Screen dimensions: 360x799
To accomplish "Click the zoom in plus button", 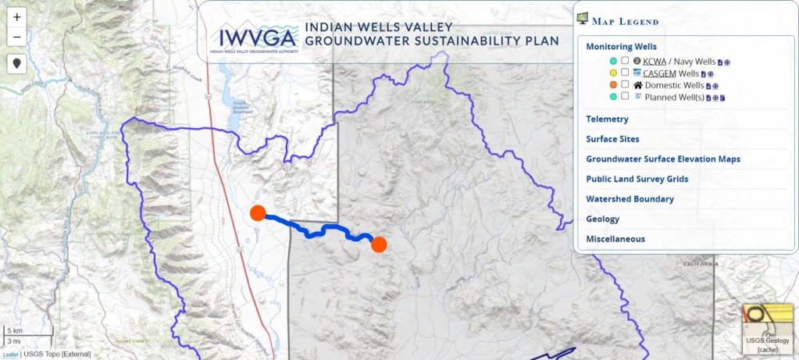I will [16, 16].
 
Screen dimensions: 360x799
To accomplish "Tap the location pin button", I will [16, 64].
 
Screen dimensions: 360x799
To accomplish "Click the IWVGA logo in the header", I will [254, 40].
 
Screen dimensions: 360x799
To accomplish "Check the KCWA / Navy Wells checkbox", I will [625, 61].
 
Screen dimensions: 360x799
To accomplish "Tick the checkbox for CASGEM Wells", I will [625, 73].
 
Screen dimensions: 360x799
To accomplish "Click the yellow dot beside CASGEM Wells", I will [614, 73].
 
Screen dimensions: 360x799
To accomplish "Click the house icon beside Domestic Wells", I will [637, 85].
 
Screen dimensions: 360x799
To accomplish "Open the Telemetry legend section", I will [607, 119].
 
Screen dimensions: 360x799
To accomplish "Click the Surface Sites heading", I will [613, 139].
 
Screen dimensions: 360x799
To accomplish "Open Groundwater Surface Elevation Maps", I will [662, 159].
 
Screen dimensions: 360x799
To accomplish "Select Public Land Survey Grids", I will [637, 179].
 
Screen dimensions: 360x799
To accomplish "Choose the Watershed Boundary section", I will [630, 199].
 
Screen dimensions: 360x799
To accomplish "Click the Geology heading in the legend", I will [602, 219].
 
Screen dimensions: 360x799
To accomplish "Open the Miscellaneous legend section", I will [615, 239].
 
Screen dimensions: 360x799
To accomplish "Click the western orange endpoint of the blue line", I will [258, 213].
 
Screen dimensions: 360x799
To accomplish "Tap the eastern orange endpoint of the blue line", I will [379, 244].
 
